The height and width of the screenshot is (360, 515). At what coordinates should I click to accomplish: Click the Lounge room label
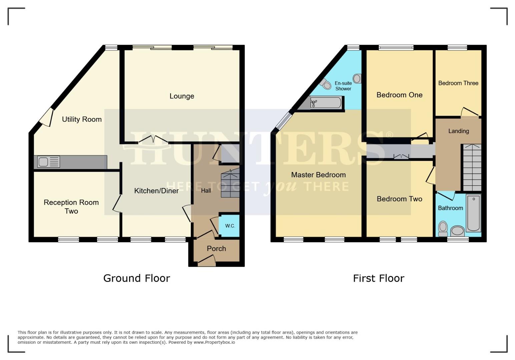tap(182, 96)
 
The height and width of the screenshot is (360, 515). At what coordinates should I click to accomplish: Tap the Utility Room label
tap(82, 119)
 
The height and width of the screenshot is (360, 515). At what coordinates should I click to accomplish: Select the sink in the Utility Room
tap(49, 162)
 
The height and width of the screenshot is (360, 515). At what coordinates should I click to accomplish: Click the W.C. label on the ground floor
tap(230, 226)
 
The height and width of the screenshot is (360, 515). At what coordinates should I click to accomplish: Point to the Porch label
tap(216, 249)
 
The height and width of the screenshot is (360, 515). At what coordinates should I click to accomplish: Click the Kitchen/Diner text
tap(156, 191)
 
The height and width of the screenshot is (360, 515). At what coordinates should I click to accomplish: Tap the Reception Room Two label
tap(71, 207)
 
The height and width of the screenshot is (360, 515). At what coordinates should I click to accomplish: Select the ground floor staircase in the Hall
tap(230, 184)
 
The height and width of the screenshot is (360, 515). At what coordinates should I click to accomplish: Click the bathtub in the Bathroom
tap(473, 213)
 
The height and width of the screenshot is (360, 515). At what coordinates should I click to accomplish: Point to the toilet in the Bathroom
tap(443, 228)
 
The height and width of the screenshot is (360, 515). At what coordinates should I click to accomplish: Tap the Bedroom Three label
tap(458, 83)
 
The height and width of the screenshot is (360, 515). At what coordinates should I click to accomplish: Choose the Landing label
tap(458, 131)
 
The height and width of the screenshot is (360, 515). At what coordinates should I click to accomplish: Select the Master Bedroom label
tap(318, 175)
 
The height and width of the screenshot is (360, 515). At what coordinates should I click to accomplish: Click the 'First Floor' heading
tap(379, 278)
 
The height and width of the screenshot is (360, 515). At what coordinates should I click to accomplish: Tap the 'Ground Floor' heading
tap(137, 278)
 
